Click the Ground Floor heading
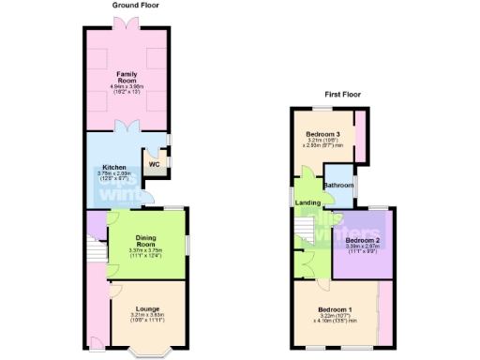135,6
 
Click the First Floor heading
344,95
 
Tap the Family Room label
127,75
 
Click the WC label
154,166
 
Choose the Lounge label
146,308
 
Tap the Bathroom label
338,185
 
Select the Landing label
307,202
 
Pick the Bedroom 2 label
361,242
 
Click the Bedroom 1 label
335,309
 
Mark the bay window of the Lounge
145,352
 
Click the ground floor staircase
95,251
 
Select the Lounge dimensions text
146,318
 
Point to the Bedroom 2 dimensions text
361,250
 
